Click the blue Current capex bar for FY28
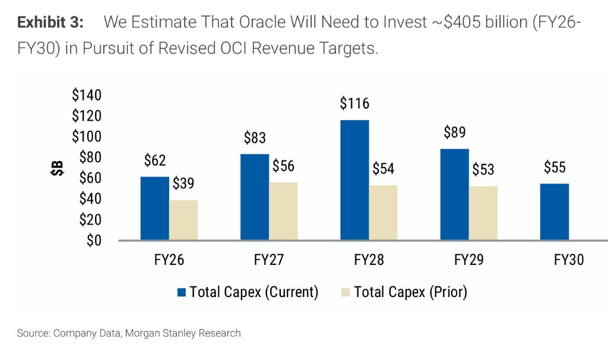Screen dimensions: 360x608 [x=354, y=180]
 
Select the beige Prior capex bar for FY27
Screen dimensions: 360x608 [x=283, y=211]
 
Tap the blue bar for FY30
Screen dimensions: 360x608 [x=555, y=212]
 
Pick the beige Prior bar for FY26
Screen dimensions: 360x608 [x=183, y=220]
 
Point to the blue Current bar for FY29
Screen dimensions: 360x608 [x=454, y=194]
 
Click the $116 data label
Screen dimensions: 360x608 [x=354, y=103]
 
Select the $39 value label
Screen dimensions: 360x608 [x=183, y=184]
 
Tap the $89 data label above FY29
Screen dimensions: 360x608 [x=454, y=132]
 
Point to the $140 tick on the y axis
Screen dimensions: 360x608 [x=87, y=95]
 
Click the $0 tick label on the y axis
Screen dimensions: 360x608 [x=94, y=241]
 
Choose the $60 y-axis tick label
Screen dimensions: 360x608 [x=90, y=178]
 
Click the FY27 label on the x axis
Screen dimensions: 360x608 [x=269, y=260]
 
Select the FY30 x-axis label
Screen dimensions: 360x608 [x=569, y=260]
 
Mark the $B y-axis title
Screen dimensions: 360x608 [x=56, y=168]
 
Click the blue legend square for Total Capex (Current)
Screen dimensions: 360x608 [x=182, y=292]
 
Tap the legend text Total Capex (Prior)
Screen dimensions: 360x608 [x=410, y=292]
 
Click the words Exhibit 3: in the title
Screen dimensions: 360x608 [x=50, y=23]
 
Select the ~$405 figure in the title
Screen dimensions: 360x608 [x=468, y=23]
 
